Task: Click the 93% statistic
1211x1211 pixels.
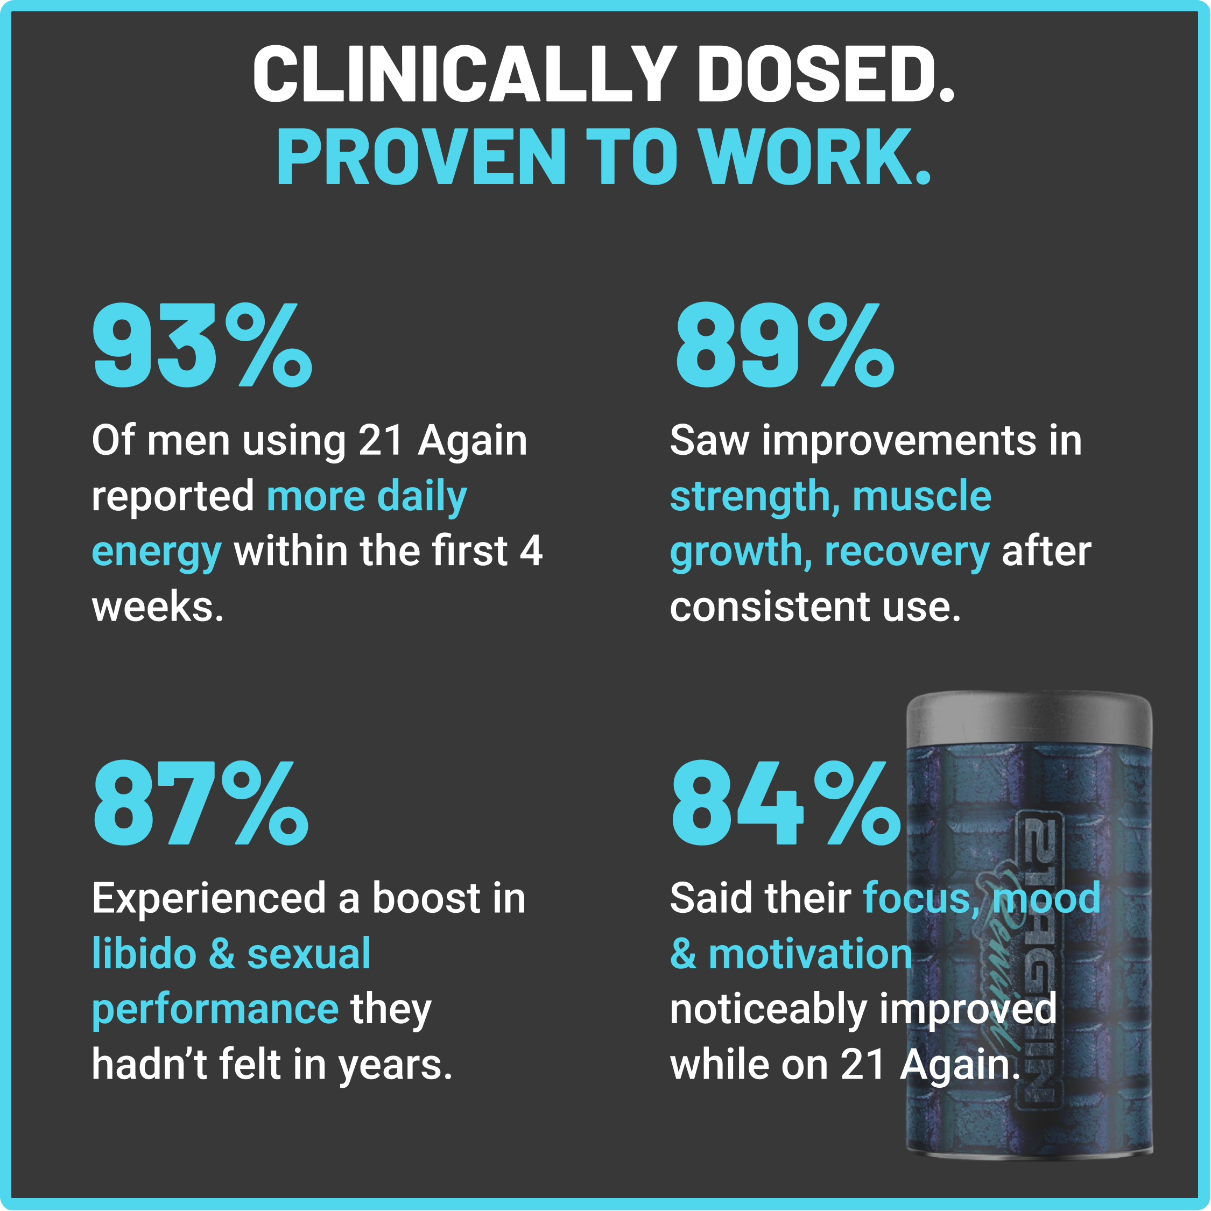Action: (202, 346)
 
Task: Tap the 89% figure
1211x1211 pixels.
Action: (784, 346)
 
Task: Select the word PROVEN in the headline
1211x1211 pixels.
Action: (422, 157)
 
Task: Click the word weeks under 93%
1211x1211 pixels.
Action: (157, 607)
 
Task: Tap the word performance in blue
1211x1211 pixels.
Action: (215, 1009)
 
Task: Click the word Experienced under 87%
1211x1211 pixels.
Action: (209, 898)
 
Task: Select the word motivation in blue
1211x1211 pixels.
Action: (810, 954)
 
